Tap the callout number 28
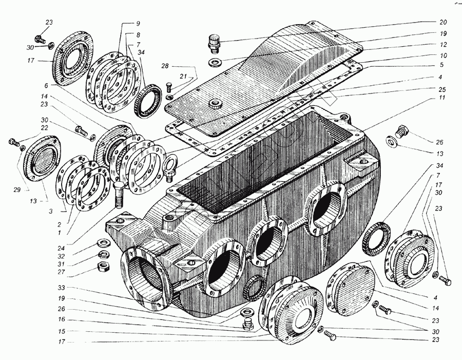coord(164,66)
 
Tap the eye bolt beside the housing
coord(169,168)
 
